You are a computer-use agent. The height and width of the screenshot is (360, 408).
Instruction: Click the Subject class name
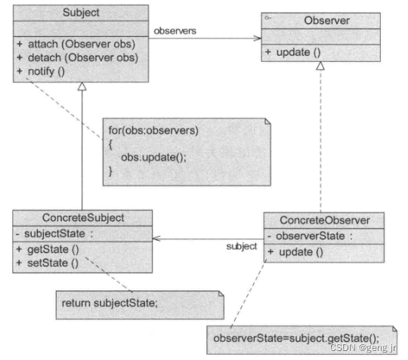tap(81, 13)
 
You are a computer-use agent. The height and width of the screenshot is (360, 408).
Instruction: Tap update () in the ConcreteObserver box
tap(296, 251)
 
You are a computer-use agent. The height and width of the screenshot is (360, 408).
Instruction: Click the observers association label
tap(176, 31)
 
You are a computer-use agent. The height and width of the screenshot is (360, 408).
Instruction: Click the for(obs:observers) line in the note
tap(153, 130)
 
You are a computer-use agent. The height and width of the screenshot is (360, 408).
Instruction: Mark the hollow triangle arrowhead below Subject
tap(82, 87)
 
